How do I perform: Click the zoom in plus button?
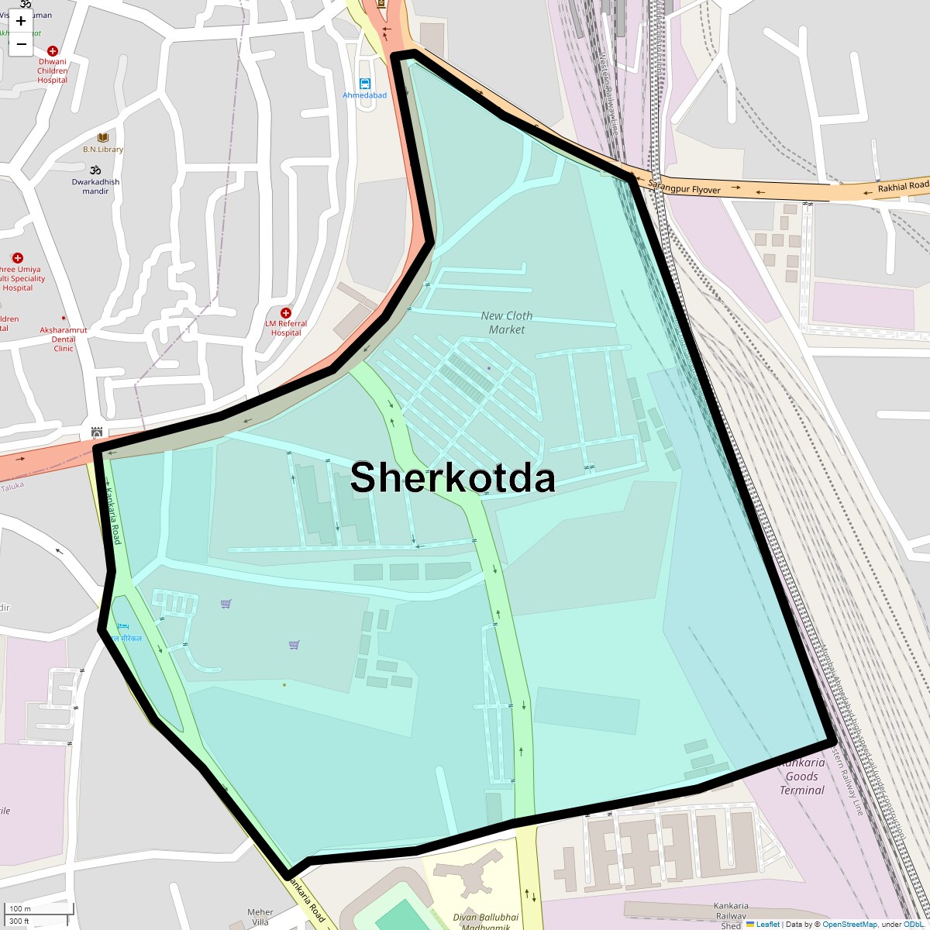[21, 21]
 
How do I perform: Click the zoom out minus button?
[21, 44]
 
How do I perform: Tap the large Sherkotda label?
[453, 477]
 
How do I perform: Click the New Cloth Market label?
[507, 322]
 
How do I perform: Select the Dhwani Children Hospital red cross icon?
[53, 51]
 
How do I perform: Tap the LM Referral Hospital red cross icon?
[286, 313]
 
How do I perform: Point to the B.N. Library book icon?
[103, 138]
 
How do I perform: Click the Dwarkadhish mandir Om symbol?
[96, 170]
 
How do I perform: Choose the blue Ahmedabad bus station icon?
[365, 84]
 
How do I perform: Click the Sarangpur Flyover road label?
[684, 188]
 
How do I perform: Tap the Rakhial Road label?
[902, 187]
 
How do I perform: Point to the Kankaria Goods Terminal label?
[801, 777]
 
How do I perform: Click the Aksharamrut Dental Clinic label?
[64, 339]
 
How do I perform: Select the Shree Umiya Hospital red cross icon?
[18, 257]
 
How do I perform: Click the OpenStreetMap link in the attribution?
[849, 924]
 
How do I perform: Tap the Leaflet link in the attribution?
[768, 924]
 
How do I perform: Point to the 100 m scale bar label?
[21, 909]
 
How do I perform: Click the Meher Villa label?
[260, 917]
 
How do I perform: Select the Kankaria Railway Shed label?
[731, 915]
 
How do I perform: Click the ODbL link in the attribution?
[913, 924]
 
